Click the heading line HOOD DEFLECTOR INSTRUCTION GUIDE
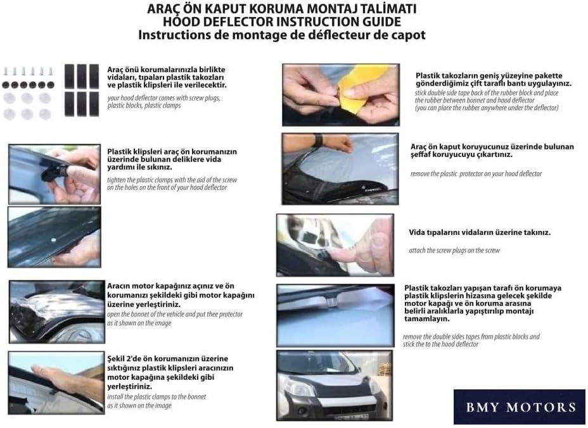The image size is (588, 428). (x=281, y=22)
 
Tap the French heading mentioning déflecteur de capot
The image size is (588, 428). (x=281, y=35)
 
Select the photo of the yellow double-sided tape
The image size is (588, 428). (x=340, y=92)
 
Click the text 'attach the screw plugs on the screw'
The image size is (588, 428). (x=454, y=251)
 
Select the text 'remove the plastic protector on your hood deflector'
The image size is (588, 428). (x=475, y=173)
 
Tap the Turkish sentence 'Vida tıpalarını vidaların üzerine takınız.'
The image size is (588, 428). (x=480, y=232)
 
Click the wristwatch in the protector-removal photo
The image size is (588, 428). (x=317, y=140)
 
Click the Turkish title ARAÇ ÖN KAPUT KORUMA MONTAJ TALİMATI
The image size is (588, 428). (x=281, y=9)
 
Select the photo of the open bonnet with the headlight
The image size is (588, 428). (x=56, y=312)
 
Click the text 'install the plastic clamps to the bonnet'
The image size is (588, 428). (x=156, y=396)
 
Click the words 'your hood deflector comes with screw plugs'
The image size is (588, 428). (x=163, y=98)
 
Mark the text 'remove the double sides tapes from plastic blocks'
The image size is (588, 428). (x=471, y=337)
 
